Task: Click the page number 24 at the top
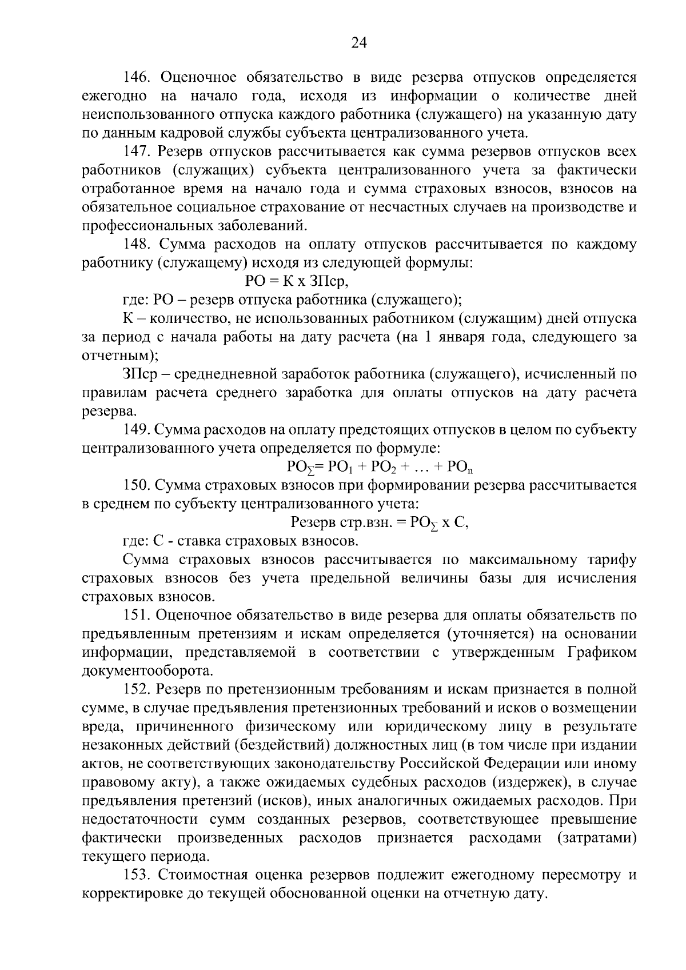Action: (x=359, y=43)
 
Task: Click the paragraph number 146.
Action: (x=137, y=77)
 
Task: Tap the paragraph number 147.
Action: (x=137, y=152)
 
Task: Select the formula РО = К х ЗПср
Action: (x=296, y=281)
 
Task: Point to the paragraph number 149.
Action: (x=137, y=430)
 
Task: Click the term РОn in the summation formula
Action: (x=460, y=468)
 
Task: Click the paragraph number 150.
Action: (x=137, y=486)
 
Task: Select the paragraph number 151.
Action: (x=137, y=616)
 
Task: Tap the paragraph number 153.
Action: (x=137, y=875)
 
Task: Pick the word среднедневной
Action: (x=232, y=374)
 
